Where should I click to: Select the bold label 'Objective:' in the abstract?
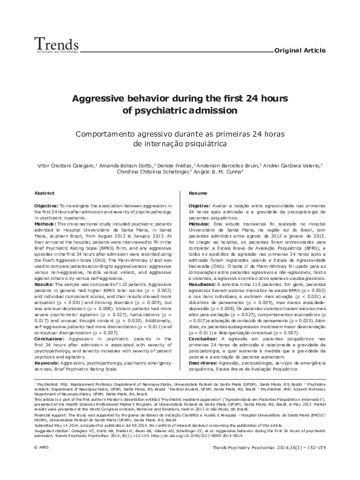[47, 206]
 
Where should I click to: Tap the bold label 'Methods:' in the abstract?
[45, 224]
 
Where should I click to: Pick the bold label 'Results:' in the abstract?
[44, 267]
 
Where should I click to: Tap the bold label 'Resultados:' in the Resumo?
[204, 284]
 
